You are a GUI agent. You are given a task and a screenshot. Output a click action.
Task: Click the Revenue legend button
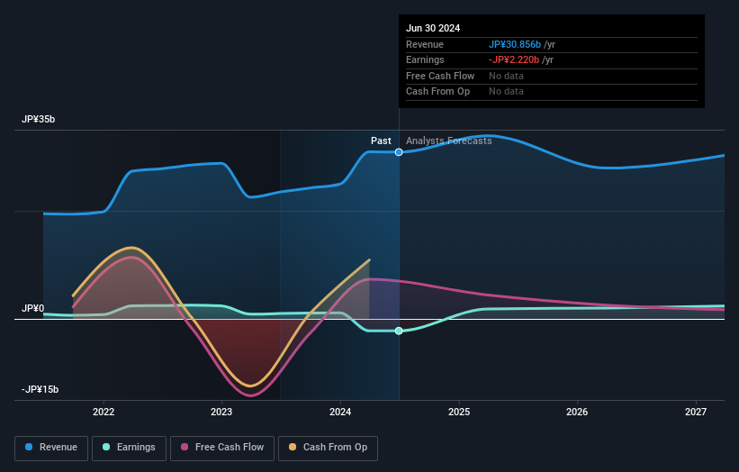(51, 447)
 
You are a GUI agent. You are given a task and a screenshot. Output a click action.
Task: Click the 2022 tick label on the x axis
(104, 413)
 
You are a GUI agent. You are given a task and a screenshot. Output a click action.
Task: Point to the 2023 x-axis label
(221, 413)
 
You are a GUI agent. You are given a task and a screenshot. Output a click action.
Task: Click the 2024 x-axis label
(340, 413)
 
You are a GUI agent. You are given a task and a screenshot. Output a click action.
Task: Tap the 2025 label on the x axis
(459, 413)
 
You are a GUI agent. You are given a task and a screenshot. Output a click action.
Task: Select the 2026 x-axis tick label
(577, 413)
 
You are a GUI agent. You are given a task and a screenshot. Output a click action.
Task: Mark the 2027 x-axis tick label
(696, 413)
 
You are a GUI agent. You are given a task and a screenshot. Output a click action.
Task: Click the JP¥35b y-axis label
(41, 120)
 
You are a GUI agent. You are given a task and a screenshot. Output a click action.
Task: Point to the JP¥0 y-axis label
(33, 309)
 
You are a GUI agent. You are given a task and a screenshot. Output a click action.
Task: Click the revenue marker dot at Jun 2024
(399, 152)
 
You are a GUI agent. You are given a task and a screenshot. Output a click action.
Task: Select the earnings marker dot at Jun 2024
(399, 331)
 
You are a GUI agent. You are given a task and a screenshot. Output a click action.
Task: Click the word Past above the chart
(381, 141)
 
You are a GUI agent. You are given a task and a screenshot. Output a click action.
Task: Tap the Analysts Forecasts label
(448, 141)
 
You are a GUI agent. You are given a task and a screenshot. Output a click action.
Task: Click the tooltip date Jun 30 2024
(433, 28)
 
